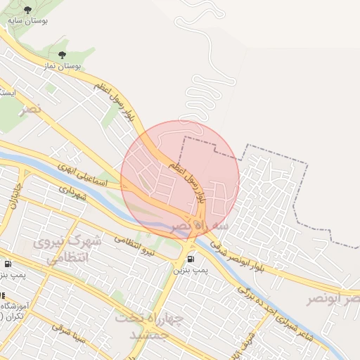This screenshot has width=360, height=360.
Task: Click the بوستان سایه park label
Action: click(28, 22)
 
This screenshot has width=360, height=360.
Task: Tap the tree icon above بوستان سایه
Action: click(28, 11)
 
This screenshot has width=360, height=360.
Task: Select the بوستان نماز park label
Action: click(62, 65)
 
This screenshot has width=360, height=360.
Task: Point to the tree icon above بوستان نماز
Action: click(62, 55)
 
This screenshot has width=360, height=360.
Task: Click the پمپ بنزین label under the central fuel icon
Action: click(192, 269)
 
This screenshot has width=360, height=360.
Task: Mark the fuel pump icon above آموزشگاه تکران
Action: click(7, 264)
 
